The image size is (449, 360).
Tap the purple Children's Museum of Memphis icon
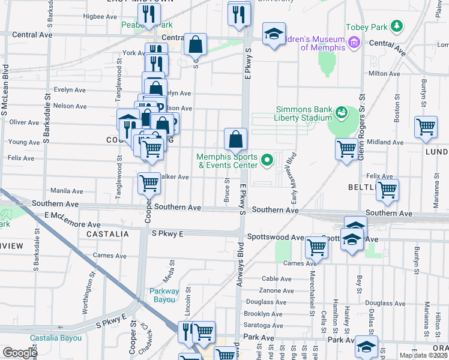(354, 42)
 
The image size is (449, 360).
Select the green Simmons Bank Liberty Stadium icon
(342, 112)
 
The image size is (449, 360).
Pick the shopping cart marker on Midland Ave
(347, 148)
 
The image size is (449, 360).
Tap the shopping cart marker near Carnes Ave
(316, 246)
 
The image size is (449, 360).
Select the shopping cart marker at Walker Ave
(149, 184)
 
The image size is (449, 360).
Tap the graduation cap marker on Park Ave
(366, 346)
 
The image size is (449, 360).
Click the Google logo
(20, 353)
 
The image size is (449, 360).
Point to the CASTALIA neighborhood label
(109, 233)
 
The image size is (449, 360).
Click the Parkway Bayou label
(164, 296)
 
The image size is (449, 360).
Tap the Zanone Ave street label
(277, 290)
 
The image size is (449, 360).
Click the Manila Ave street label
(67, 191)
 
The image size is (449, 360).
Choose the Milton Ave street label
(384, 73)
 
